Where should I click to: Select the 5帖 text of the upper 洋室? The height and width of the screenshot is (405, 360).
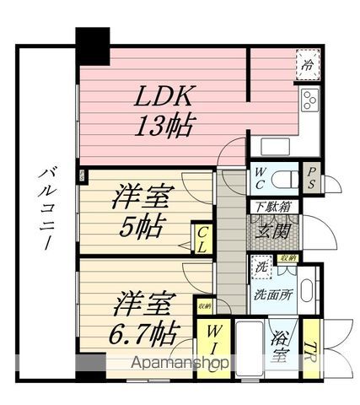pyautogui.click(x=142, y=227)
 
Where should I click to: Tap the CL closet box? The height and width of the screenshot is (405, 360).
pyautogui.click(x=202, y=240)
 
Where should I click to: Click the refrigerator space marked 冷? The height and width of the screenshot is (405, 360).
pyautogui.click(x=309, y=63)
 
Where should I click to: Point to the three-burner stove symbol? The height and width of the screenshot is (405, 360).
pyautogui.click(x=309, y=101)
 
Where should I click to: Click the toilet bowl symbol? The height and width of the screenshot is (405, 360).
pyautogui.click(x=283, y=180)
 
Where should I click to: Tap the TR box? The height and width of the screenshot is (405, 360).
pyautogui.click(x=313, y=348)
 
